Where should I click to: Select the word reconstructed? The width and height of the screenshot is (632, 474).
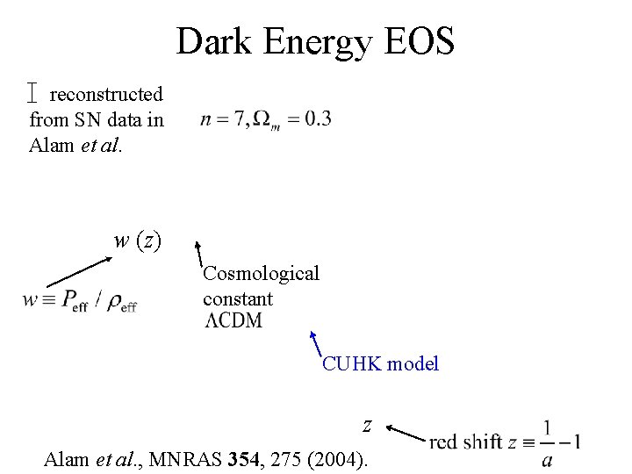[x=106, y=94]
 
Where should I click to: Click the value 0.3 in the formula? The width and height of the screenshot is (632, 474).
[x=316, y=118]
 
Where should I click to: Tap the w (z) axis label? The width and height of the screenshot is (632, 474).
[x=138, y=240]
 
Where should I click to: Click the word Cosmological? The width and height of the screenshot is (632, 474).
[x=262, y=274]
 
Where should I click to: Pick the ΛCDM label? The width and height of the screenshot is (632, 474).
[x=233, y=320]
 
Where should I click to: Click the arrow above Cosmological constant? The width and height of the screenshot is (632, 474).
[x=199, y=254]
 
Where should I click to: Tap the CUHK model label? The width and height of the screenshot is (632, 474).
[x=380, y=363]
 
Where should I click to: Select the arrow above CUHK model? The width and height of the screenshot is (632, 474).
[x=317, y=343]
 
